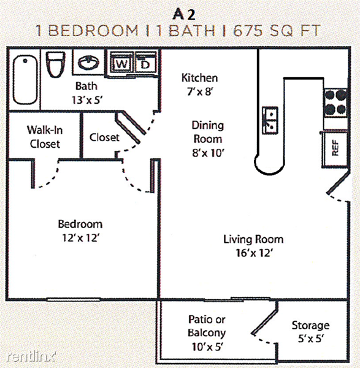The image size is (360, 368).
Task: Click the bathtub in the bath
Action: point(25,79)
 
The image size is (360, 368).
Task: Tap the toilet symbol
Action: point(55,64)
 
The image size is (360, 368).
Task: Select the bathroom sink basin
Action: point(88,63)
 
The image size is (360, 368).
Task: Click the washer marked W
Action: point(121,63)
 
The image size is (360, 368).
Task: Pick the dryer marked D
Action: point(146,63)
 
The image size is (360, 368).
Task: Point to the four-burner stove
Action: point(335,102)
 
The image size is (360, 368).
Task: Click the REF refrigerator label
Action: point(335,148)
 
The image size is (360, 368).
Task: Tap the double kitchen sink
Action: point(270,120)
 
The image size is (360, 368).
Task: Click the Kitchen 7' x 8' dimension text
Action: point(200,91)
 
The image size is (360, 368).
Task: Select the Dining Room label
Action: point(208,132)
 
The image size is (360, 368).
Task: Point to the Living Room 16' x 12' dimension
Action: point(254,253)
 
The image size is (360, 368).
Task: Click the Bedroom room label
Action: point(80,224)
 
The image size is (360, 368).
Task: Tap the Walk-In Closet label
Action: point(45,137)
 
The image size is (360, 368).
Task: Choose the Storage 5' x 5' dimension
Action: point(311,339)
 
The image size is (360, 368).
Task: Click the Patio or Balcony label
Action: point(207,326)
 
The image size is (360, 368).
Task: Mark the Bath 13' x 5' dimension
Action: point(87,100)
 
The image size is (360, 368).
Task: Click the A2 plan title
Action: point(184,15)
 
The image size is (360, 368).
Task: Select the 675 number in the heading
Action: point(248,31)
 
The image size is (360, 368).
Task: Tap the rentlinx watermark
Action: point(31,357)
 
